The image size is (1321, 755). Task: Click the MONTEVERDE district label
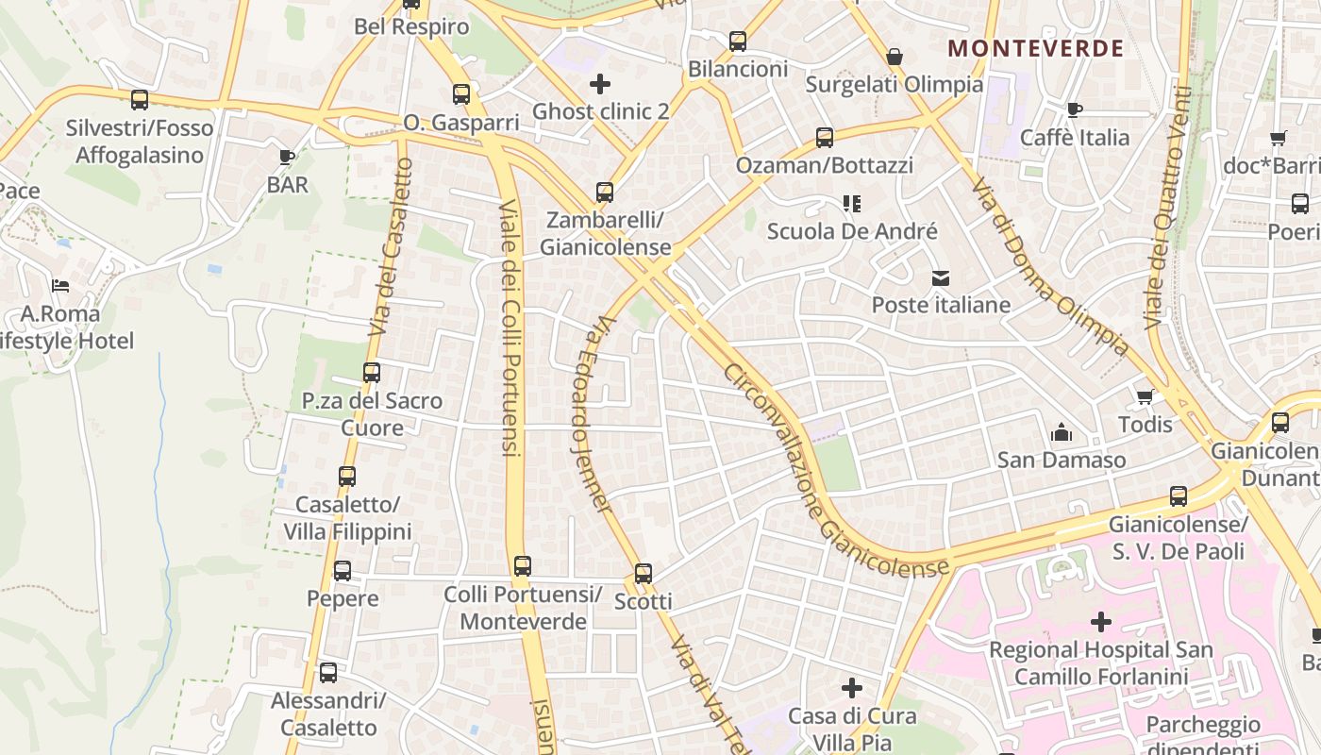click(1035, 48)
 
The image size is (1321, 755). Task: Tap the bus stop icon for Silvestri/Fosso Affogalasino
click(140, 99)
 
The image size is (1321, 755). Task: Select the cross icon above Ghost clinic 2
click(600, 84)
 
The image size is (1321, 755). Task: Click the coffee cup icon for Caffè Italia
click(1074, 109)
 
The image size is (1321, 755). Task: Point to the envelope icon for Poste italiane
click(941, 278)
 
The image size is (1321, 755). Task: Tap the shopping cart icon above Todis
click(1145, 396)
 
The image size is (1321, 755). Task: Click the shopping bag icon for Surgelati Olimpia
click(895, 58)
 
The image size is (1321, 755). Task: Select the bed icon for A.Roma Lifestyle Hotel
click(60, 285)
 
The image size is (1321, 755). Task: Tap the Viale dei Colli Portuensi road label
click(510, 328)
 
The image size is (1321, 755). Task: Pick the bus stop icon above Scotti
click(644, 573)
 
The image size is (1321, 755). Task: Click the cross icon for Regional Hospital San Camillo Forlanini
click(1101, 622)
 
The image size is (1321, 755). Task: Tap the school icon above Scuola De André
click(852, 204)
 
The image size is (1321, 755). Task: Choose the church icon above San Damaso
click(1062, 433)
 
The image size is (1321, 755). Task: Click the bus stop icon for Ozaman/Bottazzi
click(825, 138)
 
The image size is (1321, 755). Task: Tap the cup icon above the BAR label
click(287, 157)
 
